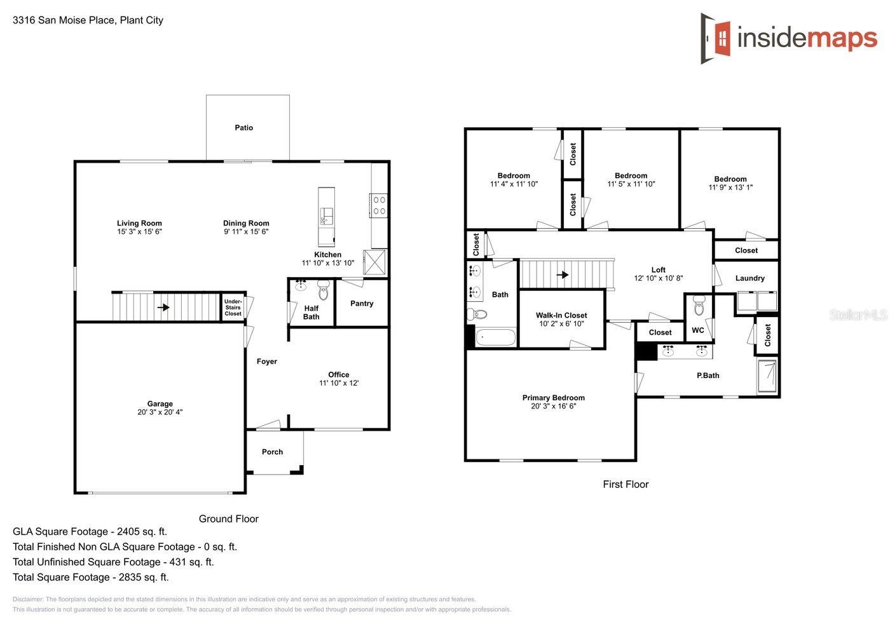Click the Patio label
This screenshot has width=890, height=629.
(243, 128)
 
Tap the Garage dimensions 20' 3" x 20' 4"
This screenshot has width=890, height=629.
(160, 412)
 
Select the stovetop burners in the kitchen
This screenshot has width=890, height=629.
(379, 205)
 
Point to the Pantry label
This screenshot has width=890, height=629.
(362, 304)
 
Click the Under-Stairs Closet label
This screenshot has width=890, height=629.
(233, 308)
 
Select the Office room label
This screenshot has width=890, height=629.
(338, 374)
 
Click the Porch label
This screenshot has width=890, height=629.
(272, 452)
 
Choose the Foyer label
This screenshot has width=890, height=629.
(266, 362)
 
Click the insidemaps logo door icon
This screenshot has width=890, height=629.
(717, 38)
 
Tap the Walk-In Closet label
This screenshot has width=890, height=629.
(561, 315)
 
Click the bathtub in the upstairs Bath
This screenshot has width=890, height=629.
(495, 337)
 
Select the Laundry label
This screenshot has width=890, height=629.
(750, 278)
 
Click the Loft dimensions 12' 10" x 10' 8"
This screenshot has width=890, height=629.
(658, 278)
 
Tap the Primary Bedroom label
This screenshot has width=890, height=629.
(553, 398)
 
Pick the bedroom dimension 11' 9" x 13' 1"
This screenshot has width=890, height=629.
(730, 187)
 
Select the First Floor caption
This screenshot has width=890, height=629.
(626, 484)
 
